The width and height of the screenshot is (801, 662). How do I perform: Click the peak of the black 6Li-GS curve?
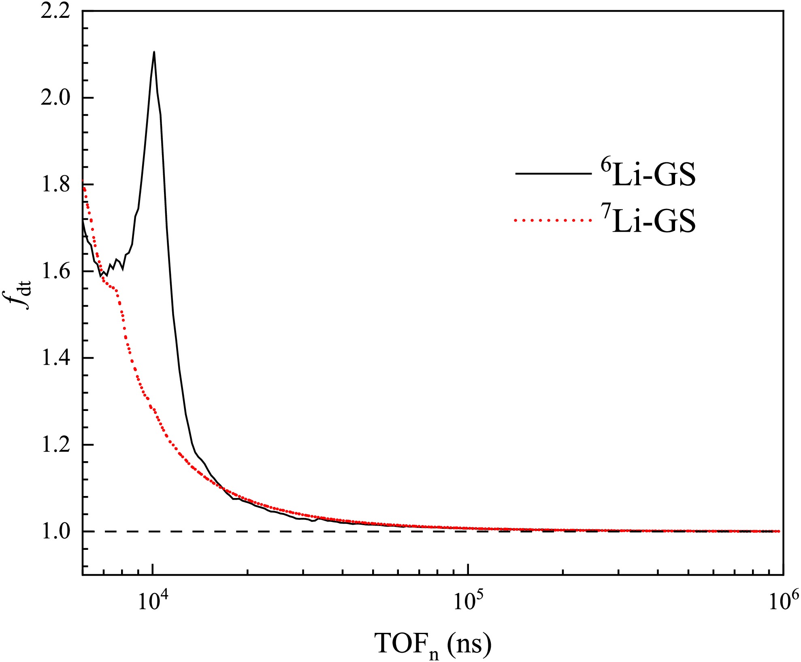pos(154,52)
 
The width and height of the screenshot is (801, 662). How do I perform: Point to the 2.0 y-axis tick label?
pos(55,98)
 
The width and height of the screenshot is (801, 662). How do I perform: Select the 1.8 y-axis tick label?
pos(55,185)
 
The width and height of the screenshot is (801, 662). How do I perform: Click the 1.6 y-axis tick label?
pos(55,271)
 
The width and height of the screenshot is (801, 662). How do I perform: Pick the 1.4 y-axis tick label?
pos(55,358)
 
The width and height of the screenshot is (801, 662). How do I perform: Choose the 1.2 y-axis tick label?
pos(55,445)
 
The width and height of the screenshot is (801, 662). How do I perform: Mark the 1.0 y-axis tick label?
pos(55,531)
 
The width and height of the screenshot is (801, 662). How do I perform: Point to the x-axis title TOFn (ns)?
pos(433,644)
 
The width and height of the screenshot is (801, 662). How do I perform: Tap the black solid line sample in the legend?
pos(553,174)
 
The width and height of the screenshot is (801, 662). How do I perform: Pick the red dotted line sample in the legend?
pos(553,220)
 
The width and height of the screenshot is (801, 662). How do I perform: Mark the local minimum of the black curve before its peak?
pos(101,276)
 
